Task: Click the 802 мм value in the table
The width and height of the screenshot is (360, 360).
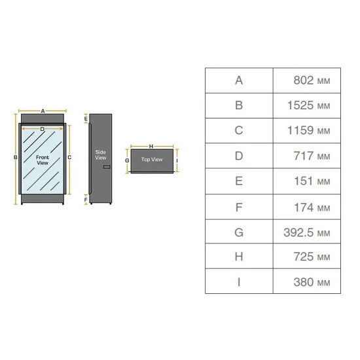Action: point(312,81)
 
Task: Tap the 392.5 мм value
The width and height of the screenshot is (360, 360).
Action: point(307,232)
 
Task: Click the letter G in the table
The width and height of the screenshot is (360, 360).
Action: point(239,232)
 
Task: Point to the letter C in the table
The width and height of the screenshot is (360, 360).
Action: point(239,130)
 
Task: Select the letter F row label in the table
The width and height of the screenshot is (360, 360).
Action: point(239,207)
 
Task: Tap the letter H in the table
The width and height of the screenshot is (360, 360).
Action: point(239,257)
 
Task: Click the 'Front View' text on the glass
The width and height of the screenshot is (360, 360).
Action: point(43,160)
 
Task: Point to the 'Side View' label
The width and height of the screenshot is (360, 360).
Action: point(101,154)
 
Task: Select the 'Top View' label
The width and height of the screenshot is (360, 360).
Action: point(152,159)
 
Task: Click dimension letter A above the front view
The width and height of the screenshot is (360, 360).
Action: point(43,111)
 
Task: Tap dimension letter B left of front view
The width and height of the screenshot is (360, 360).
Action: point(16,157)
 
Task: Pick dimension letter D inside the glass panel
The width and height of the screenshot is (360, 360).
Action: point(43,129)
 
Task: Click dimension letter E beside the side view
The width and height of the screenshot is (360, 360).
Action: point(86,119)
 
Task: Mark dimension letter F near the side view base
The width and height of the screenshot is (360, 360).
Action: point(86,200)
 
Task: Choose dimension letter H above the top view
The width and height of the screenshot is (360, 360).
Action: point(151,146)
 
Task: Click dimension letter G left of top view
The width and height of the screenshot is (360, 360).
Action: point(127,160)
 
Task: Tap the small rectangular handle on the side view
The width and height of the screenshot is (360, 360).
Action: point(107,167)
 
